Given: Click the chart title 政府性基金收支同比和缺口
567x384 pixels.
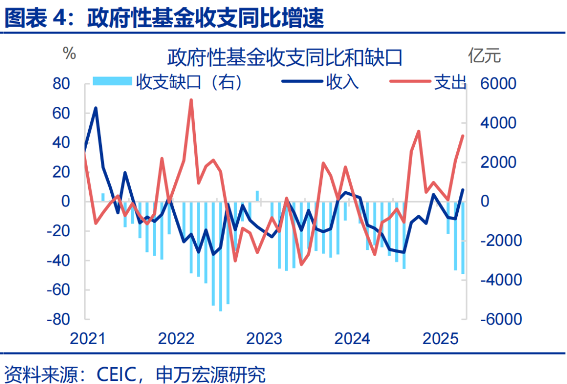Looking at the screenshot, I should coord(285,57).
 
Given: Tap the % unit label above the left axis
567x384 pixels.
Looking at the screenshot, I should coord(70,53).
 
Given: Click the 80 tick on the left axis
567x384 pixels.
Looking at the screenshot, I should coord(62,84).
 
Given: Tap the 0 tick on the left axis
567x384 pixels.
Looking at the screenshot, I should coord(66,202).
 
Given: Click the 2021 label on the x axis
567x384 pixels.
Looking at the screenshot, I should coord(88,339).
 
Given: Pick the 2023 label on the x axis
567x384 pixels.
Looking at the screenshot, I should coord(265,339).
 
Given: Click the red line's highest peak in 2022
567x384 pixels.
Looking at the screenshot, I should coord(191,100).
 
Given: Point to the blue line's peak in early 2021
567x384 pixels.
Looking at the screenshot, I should coord(96,108).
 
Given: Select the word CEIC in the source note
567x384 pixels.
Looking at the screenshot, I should coord(117,374).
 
